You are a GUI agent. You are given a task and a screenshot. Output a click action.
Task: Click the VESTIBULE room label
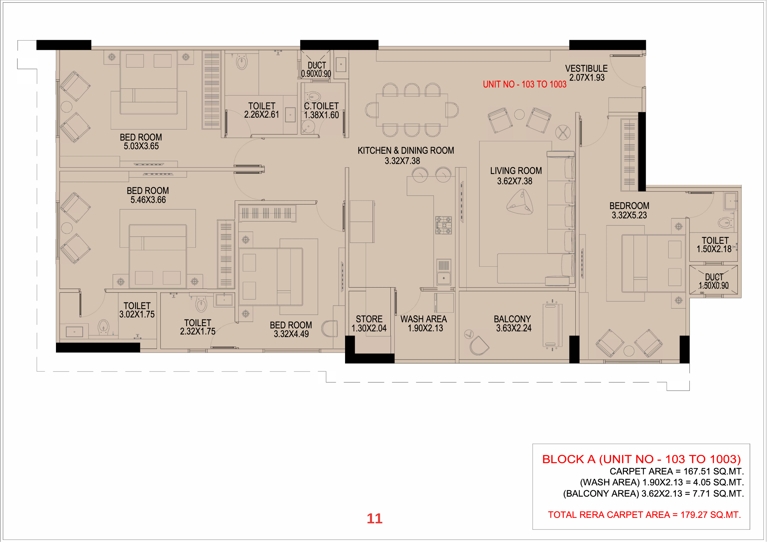(586, 69)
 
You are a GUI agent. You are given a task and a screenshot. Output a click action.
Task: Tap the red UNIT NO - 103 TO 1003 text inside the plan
(525, 84)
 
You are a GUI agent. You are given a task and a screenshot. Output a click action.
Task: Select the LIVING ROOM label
(516, 171)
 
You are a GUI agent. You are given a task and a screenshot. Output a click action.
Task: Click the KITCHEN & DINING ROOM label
(406, 151)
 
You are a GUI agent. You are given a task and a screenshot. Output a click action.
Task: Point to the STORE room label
(369, 319)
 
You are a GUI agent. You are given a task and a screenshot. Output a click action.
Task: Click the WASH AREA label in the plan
(424, 319)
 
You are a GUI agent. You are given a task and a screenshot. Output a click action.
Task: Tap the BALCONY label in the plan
(512, 319)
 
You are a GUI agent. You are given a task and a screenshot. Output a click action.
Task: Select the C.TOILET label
(321, 106)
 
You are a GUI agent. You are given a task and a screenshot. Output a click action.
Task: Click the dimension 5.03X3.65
(141, 146)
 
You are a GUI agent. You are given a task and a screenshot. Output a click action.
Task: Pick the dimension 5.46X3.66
(148, 200)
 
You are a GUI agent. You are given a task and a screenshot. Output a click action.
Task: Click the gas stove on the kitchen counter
(443, 225)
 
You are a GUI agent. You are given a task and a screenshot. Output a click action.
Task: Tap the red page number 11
(374, 519)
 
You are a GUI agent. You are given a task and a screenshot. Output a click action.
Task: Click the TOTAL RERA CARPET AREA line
(644, 515)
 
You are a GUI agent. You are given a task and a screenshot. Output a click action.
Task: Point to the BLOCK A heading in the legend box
(641, 459)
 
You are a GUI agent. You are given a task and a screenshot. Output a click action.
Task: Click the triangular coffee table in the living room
(520, 202)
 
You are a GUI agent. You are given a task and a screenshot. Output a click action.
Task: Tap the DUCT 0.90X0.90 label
(316, 69)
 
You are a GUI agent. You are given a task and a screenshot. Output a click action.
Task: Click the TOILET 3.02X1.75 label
(137, 310)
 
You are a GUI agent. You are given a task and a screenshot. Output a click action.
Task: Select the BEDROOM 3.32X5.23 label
(629, 210)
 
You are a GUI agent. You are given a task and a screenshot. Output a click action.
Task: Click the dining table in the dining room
(412, 110)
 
